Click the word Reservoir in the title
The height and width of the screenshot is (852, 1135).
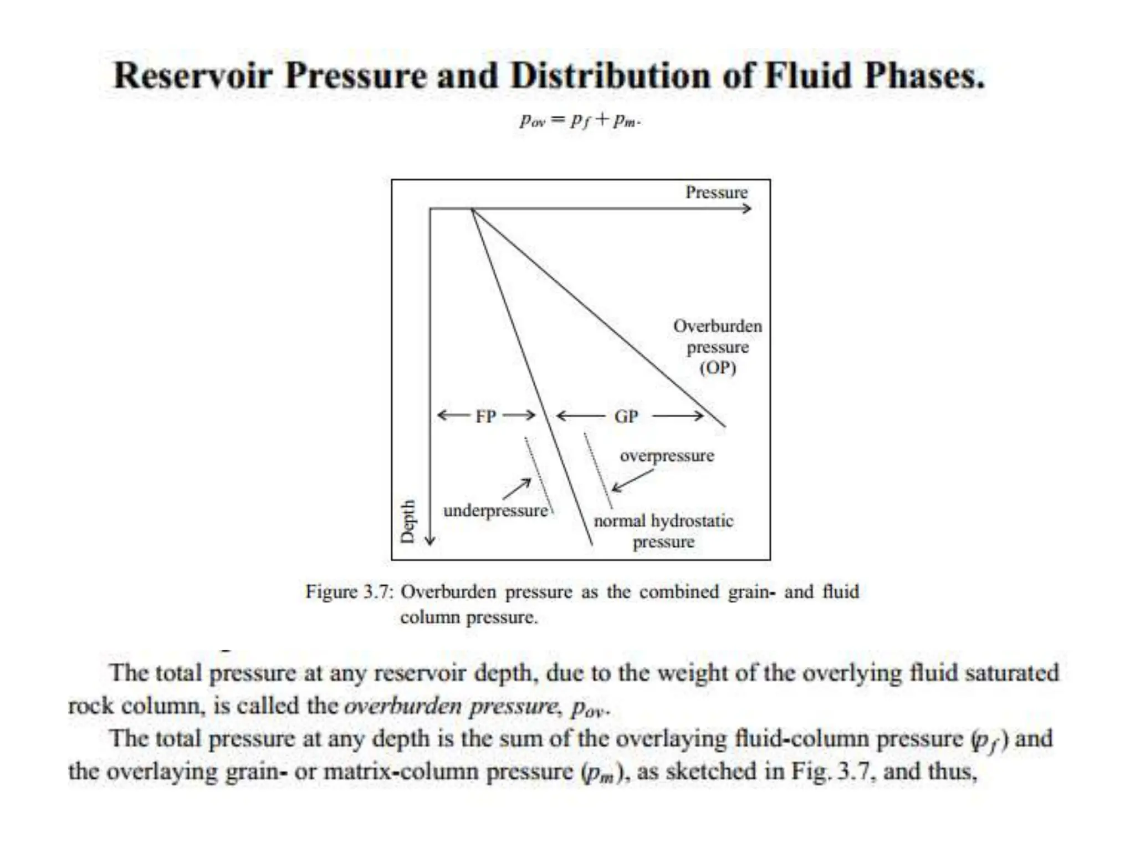tap(193, 75)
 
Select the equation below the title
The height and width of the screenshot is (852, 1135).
tap(580, 120)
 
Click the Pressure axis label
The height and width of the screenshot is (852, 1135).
tap(716, 192)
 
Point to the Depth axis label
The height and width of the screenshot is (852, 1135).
tap(408, 521)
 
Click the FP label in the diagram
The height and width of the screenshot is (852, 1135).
tap(485, 416)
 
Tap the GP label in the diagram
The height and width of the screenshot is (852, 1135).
tap(626, 416)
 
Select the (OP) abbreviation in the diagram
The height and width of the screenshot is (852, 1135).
tap(718, 368)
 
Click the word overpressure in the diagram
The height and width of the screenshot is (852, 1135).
tap(667, 455)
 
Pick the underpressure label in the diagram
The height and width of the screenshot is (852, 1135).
tap(495, 510)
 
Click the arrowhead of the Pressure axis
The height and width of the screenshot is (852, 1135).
tap(748, 209)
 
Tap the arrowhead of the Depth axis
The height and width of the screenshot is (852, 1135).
tap(430, 540)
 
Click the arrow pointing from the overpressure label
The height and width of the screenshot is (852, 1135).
tap(632, 481)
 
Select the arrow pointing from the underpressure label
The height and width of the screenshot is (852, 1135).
tap(517, 489)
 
